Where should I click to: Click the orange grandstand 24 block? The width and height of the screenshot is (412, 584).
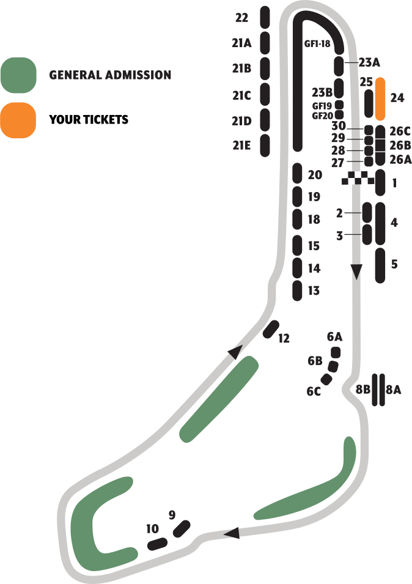[380, 98]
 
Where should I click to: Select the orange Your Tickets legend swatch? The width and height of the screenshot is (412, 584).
[18, 119]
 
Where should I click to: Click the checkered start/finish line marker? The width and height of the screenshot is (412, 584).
[358, 178]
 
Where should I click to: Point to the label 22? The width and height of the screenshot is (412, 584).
[241, 18]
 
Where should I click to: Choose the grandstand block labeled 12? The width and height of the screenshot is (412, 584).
[271, 330]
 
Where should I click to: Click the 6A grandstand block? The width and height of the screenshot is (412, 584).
[335, 352]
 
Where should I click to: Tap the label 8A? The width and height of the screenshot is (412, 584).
[394, 389]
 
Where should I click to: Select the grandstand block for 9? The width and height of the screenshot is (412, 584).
[182, 528]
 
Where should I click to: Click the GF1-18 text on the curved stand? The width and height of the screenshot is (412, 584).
[317, 44]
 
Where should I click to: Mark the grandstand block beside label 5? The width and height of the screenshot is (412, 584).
[380, 265]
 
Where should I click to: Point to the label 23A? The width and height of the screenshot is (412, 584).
[369, 62]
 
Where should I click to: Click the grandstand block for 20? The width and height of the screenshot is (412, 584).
[297, 173]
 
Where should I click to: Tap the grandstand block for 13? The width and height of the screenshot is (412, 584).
[297, 290]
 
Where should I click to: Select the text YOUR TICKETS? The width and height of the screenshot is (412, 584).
[89, 119]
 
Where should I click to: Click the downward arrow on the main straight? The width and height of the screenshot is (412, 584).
[357, 271]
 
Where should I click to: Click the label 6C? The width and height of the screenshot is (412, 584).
[314, 391]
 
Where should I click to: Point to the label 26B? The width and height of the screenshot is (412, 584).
[400, 146]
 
